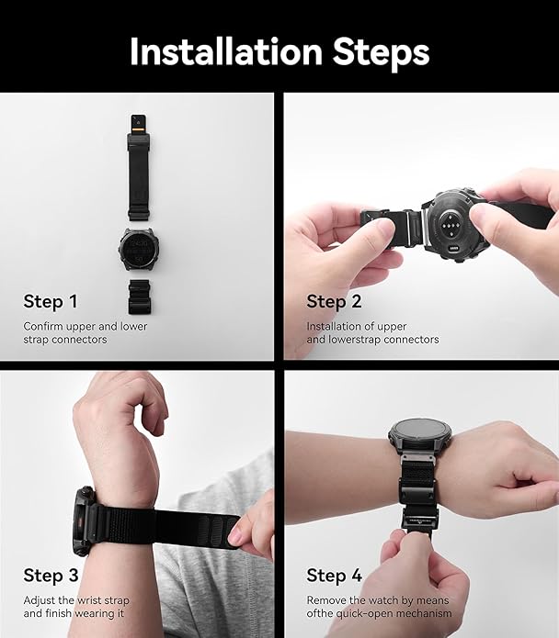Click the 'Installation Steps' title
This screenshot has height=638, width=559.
pos(279,51)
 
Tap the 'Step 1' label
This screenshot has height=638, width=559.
pos(51,302)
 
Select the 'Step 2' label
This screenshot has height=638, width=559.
pos(334,302)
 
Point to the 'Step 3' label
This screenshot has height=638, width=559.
pos(51,576)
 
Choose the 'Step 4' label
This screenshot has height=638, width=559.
pos(334,576)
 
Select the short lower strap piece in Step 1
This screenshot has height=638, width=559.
pos(138,299)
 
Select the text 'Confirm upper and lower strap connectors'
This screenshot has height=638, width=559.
pos(85,332)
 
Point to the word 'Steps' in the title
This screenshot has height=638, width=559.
pos(378,51)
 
